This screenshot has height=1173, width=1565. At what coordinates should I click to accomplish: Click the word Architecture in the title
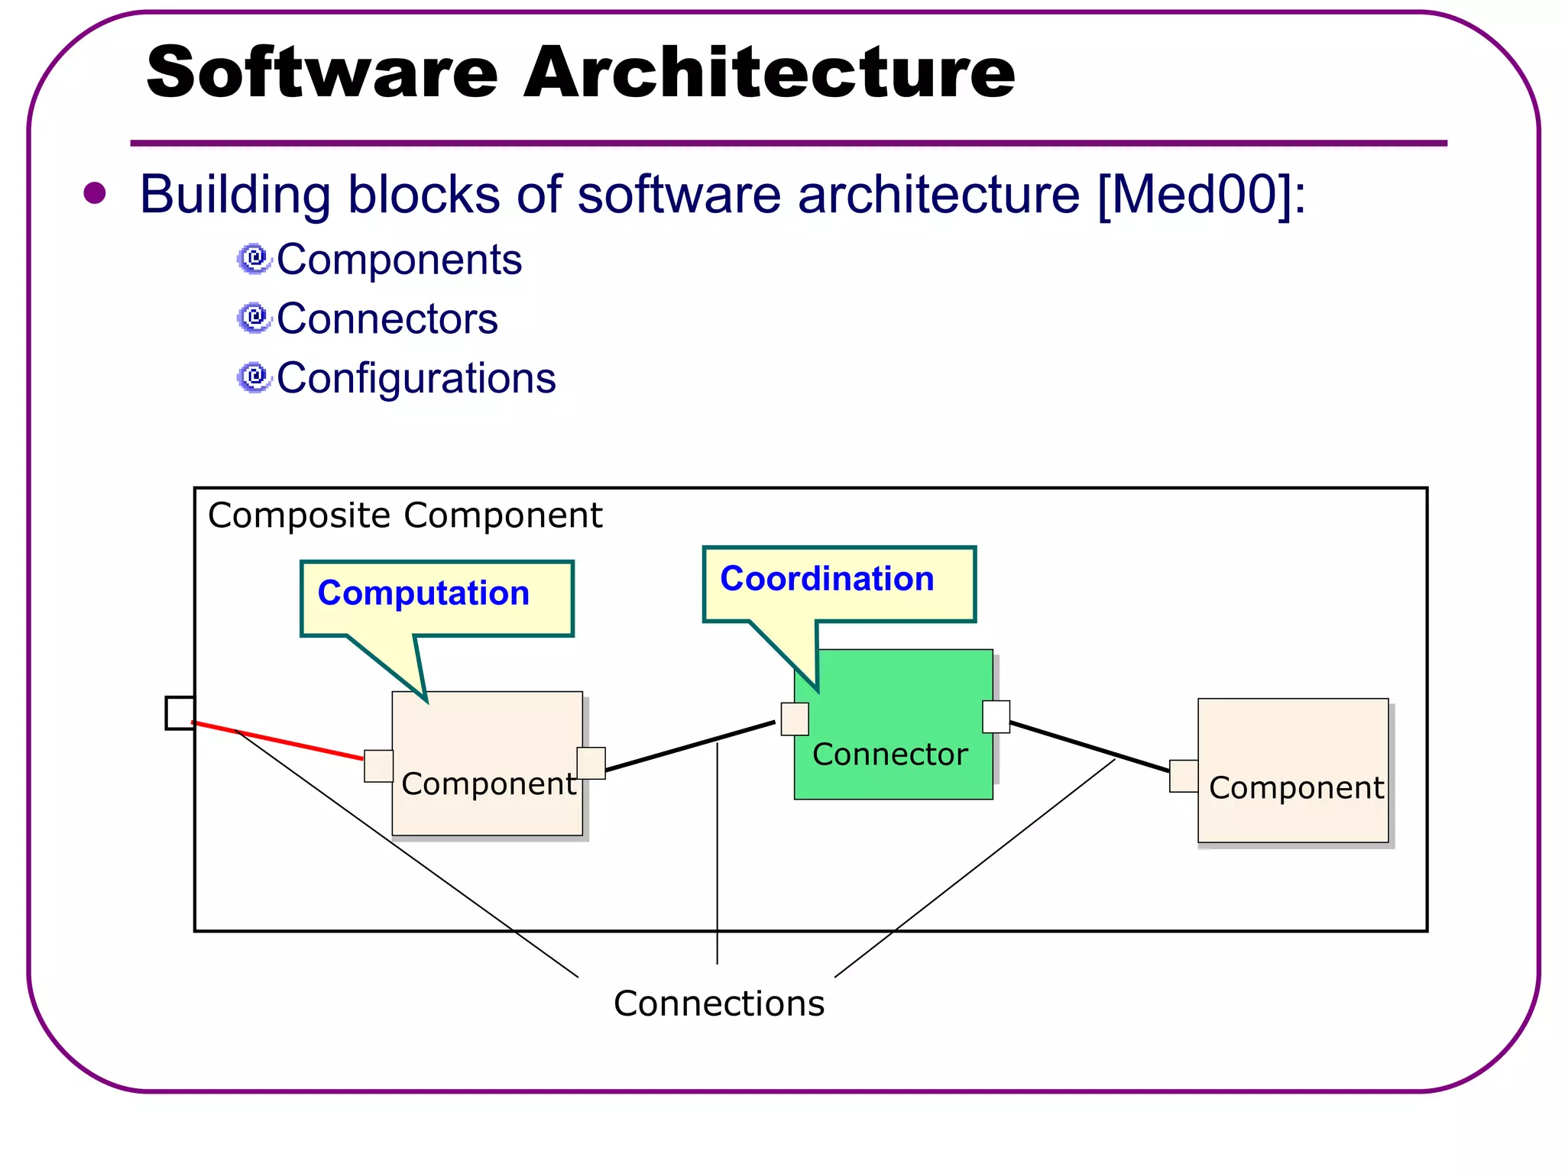point(770,72)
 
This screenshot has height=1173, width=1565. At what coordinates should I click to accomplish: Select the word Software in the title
point(322,72)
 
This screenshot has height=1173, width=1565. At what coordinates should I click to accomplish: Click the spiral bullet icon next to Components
point(254,260)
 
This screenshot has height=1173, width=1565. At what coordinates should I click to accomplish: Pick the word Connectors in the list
point(387,318)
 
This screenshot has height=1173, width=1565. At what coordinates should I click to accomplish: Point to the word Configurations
point(416,378)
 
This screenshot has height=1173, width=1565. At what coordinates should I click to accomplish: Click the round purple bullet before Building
point(95,193)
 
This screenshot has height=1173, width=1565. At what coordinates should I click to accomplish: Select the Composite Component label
point(404,515)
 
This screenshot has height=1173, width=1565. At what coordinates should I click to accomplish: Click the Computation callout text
point(423,593)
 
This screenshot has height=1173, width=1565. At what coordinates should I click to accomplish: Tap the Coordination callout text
point(827,579)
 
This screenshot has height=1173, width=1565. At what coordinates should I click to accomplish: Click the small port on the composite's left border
point(180,713)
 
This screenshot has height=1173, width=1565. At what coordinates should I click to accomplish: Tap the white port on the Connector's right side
point(996,716)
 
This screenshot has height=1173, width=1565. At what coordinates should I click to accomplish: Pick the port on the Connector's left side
point(795,719)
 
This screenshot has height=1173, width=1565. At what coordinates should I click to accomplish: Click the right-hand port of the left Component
point(591,763)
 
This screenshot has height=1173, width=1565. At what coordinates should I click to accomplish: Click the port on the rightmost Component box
point(1184,776)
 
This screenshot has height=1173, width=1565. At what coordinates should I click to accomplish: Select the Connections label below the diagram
point(718,1003)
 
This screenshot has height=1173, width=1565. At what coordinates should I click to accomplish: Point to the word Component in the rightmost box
point(1296,788)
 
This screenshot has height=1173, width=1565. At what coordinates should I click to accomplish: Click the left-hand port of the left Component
point(378,766)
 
